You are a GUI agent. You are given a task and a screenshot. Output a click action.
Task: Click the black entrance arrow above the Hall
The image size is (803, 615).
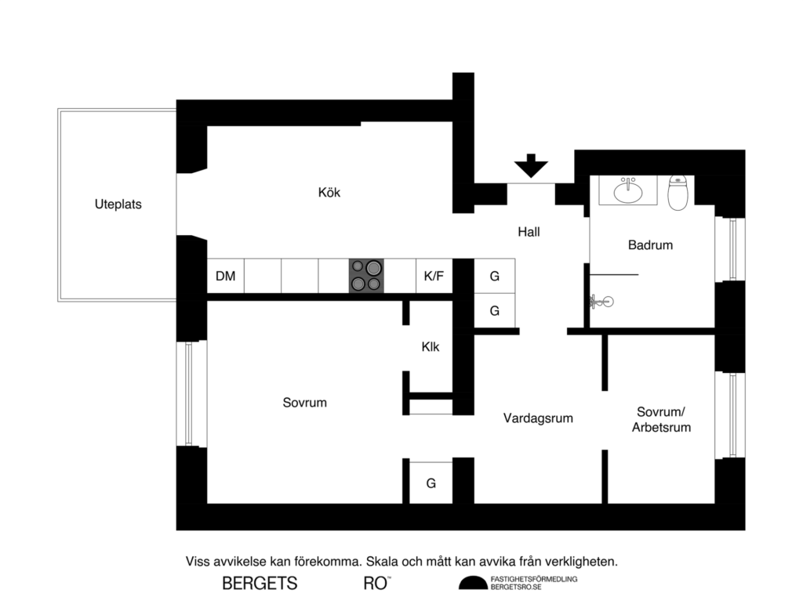pos(531,167)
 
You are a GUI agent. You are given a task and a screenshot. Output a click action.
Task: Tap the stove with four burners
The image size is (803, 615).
pos(367,276)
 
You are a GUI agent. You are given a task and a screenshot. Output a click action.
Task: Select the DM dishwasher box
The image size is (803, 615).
pos(226,276)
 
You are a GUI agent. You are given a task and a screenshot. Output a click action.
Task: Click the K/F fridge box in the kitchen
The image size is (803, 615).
pos(434,276)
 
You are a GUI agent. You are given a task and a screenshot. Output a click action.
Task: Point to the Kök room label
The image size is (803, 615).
pos(329,192)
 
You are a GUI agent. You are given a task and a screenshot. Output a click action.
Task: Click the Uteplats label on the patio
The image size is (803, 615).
pos(118,204)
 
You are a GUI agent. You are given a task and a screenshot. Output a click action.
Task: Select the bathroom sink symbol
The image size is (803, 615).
pos(627,190)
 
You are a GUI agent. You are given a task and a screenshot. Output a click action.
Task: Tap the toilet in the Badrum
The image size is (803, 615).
pos(678,192)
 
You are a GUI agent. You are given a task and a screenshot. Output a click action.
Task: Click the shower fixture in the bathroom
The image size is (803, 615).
pos(600,300)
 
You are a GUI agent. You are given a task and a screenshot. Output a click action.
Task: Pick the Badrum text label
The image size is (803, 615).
pos(650,245)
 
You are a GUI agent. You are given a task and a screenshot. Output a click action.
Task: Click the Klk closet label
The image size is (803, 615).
pos(430,346)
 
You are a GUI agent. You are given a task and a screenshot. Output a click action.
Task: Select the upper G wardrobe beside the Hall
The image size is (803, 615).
pos(495,277)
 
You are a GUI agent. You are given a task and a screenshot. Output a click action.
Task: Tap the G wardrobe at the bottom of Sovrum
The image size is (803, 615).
pos(431,483)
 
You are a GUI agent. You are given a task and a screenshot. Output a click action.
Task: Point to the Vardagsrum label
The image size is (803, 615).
pos(538,418)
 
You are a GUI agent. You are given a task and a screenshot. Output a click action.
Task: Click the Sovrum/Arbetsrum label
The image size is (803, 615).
pos(663,419)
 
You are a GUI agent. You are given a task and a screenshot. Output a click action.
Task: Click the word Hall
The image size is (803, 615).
pos(529,232)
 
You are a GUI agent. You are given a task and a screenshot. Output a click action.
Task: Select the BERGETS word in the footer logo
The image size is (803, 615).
pos(260,584)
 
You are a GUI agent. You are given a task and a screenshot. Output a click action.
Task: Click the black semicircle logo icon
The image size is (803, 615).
pos(473,582)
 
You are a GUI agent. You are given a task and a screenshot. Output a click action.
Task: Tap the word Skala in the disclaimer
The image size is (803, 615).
pos(383,562)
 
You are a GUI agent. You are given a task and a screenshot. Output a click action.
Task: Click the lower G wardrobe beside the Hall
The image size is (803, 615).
pos(495,311)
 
